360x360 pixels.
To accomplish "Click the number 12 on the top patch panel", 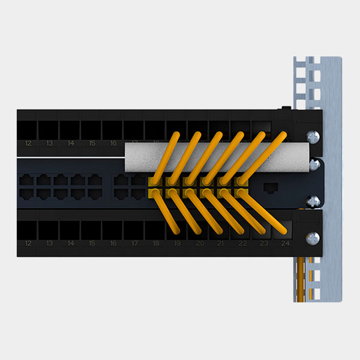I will (x=28, y=143).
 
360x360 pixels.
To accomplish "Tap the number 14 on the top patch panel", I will (x=71, y=143).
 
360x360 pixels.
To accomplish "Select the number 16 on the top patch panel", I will (x=113, y=143).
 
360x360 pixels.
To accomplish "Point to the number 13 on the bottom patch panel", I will (x=50, y=244).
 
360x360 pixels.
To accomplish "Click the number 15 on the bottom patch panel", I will (x=92, y=244).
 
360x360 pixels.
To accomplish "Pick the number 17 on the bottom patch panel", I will (x=134, y=244).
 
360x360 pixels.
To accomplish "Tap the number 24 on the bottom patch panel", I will (x=285, y=244).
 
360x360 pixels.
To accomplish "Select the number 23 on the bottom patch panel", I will (x=264, y=244).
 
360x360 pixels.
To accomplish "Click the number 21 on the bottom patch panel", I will (x=221, y=244).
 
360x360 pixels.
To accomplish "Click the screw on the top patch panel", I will (x=312, y=136).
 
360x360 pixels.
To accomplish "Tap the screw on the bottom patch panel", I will (x=312, y=238).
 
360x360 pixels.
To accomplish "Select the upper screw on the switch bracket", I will (x=313, y=163).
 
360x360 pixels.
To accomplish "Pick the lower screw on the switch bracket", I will (x=313, y=202).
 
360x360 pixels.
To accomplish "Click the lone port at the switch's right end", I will (x=271, y=187).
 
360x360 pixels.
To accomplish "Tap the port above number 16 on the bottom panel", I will (x=113, y=230).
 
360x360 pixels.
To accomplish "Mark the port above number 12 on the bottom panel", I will (x=28, y=230).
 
